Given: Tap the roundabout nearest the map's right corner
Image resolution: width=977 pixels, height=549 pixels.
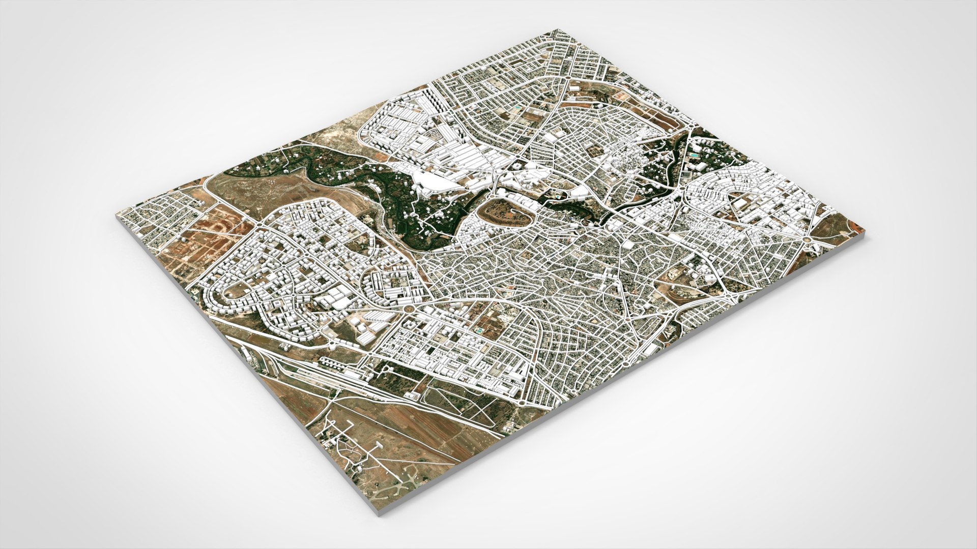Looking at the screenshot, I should [808, 239].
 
